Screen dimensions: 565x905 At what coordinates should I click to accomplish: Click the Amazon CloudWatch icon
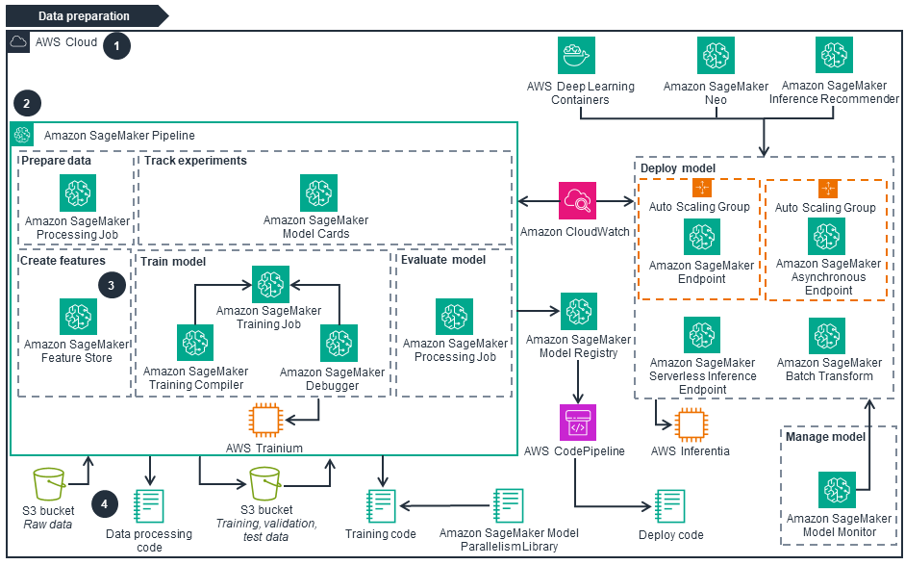coord(577,201)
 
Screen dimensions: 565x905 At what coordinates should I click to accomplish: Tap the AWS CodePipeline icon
coord(577,423)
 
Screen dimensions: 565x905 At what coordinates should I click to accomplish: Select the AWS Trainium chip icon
coord(264,422)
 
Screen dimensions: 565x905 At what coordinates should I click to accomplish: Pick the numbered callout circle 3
coord(113,286)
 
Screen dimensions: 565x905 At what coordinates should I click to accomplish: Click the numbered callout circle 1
coord(116,45)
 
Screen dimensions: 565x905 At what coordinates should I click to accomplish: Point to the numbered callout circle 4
coord(106,502)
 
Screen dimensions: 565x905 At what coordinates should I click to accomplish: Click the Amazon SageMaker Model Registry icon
coord(578,312)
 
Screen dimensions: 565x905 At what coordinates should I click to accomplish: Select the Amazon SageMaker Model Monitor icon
coord(836,491)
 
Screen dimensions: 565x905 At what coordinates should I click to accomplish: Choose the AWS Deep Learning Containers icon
coord(577,56)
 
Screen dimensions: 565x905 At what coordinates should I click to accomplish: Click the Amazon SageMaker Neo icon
coord(715,56)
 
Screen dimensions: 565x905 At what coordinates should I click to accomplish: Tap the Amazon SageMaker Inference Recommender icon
coord(834,56)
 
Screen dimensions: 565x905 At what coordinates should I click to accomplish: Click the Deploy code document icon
coord(669,506)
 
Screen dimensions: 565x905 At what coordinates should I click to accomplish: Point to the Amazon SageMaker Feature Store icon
coord(77,317)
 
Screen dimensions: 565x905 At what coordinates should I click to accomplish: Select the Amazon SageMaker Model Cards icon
coord(317,193)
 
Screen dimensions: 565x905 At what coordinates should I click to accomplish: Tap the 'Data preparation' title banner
coord(84,16)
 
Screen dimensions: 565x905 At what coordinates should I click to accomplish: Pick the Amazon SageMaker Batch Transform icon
coord(827,335)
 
